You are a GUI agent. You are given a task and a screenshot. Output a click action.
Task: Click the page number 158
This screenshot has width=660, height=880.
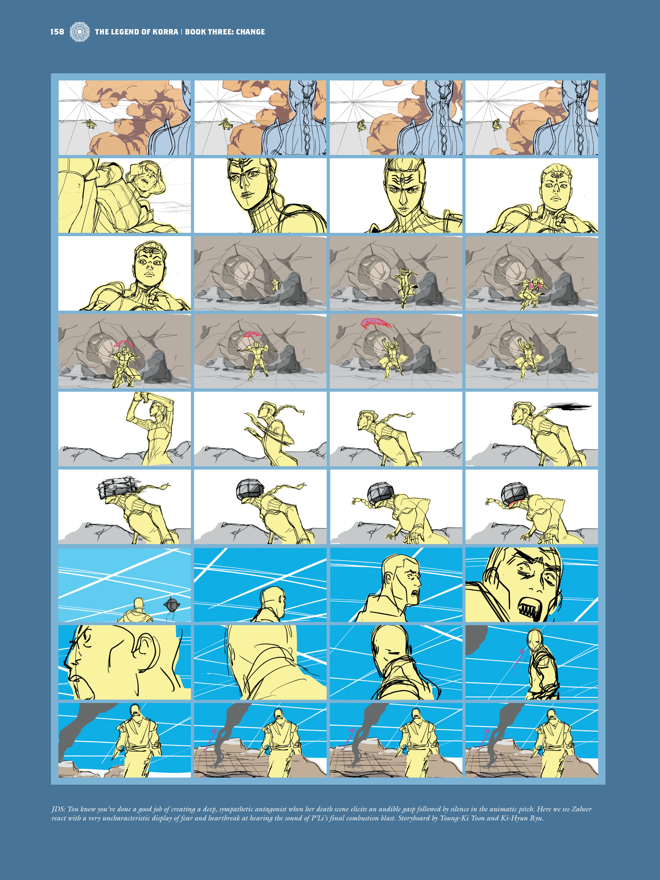coord(57,32)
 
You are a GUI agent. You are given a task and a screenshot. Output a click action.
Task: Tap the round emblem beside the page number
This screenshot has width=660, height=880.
coord(79,32)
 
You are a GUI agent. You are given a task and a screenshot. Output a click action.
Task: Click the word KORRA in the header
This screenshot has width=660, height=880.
coord(165,32)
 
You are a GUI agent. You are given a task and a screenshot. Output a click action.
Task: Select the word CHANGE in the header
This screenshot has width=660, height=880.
coord(250,32)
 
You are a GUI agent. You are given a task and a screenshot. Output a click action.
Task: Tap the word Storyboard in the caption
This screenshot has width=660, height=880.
coord(414,818)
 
